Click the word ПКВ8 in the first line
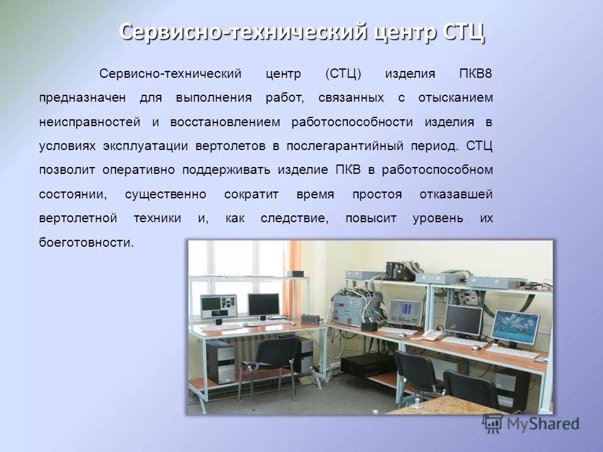476,74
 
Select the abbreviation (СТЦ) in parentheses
344,74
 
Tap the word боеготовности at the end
86,242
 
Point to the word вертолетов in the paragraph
231,146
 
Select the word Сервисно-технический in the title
242,31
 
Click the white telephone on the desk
432,335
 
